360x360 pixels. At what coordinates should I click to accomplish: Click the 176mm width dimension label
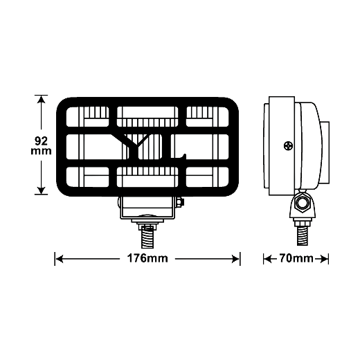click(147, 258)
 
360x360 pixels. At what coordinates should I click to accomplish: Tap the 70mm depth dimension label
click(296, 258)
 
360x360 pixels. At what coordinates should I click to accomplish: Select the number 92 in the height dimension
click(41, 141)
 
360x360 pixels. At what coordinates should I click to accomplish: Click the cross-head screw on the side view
click(288, 146)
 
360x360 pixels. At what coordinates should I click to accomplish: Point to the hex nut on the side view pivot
click(302, 204)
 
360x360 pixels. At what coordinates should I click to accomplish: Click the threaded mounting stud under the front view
click(147, 237)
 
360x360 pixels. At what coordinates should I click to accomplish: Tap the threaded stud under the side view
click(302, 236)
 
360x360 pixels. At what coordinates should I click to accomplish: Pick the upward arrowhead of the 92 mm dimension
click(41, 100)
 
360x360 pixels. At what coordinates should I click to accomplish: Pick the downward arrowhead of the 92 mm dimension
click(41, 190)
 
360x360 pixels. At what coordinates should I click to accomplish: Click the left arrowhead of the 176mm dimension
click(59, 259)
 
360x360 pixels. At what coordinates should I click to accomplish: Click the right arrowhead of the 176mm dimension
click(235, 259)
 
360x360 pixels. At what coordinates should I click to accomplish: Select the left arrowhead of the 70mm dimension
click(267, 259)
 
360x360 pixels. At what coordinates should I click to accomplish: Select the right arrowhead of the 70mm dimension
click(323, 259)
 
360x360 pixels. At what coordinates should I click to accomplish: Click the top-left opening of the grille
click(87, 116)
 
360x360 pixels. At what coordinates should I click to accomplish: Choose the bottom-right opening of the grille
click(207, 177)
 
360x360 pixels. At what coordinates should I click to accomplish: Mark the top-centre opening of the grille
click(147, 116)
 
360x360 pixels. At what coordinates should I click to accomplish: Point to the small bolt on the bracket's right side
click(180, 202)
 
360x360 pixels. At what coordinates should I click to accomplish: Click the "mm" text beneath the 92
click(41, 151)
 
